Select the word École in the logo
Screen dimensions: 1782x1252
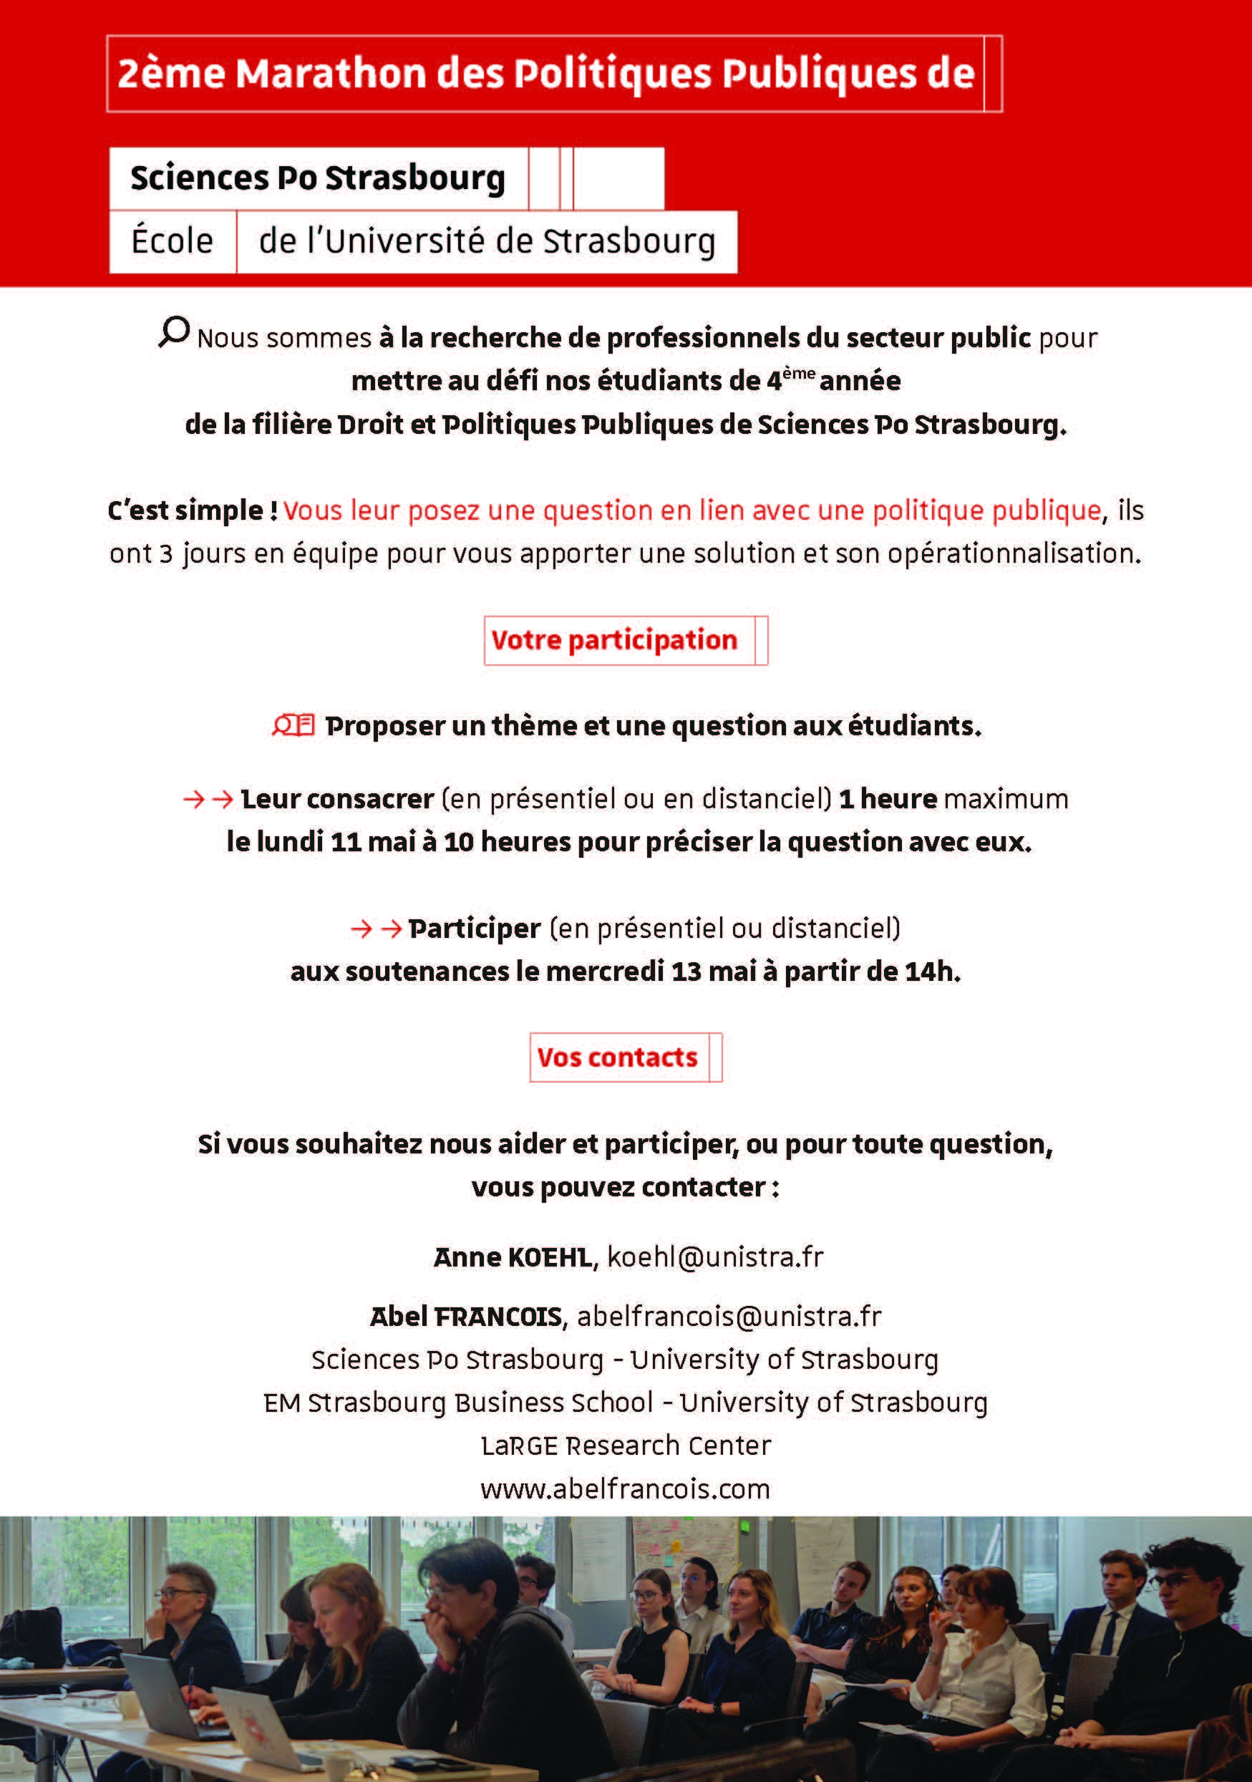pos(172,241)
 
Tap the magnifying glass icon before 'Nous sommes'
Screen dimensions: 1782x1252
pos(175,331)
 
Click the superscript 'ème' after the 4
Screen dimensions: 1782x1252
pos(799,372)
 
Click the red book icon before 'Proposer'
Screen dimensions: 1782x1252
pos(293,726)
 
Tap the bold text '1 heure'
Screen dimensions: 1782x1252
pos(888,798)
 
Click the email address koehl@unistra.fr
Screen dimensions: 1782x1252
pos(715,1257)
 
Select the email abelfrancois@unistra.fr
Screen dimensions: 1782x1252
pos(729,1317)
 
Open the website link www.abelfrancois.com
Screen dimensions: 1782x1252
pos(625,1489)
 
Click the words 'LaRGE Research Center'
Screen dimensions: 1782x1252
pos(626,1446)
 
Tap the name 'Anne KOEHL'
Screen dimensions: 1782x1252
pos(513,1257)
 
